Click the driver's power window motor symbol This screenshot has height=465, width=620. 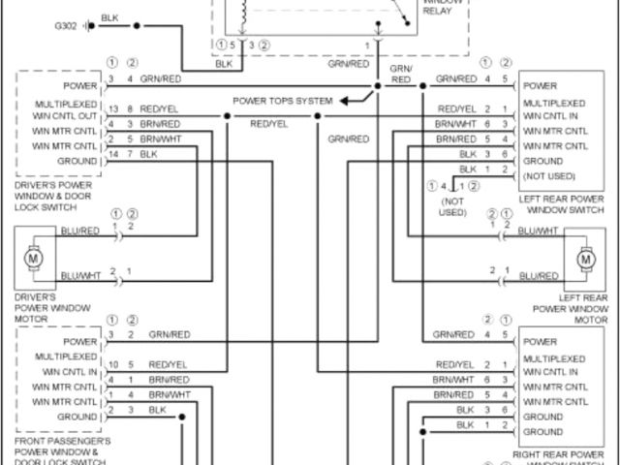point(34,259)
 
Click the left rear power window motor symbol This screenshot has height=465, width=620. point(586,260)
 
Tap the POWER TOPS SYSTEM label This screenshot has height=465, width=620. point(283,101)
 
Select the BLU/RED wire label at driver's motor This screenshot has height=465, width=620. point(80,232)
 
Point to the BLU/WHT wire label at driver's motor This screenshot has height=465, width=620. point(80,276)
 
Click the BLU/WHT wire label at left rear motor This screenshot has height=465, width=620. point(539,231)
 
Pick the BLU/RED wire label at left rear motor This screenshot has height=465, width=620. point(539,276)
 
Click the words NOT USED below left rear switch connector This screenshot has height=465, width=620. point(452,205)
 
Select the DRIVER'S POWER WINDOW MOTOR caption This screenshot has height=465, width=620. point(52,308)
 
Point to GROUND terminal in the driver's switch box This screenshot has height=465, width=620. point(77,161)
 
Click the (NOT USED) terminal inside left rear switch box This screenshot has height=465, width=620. point(549,176)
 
